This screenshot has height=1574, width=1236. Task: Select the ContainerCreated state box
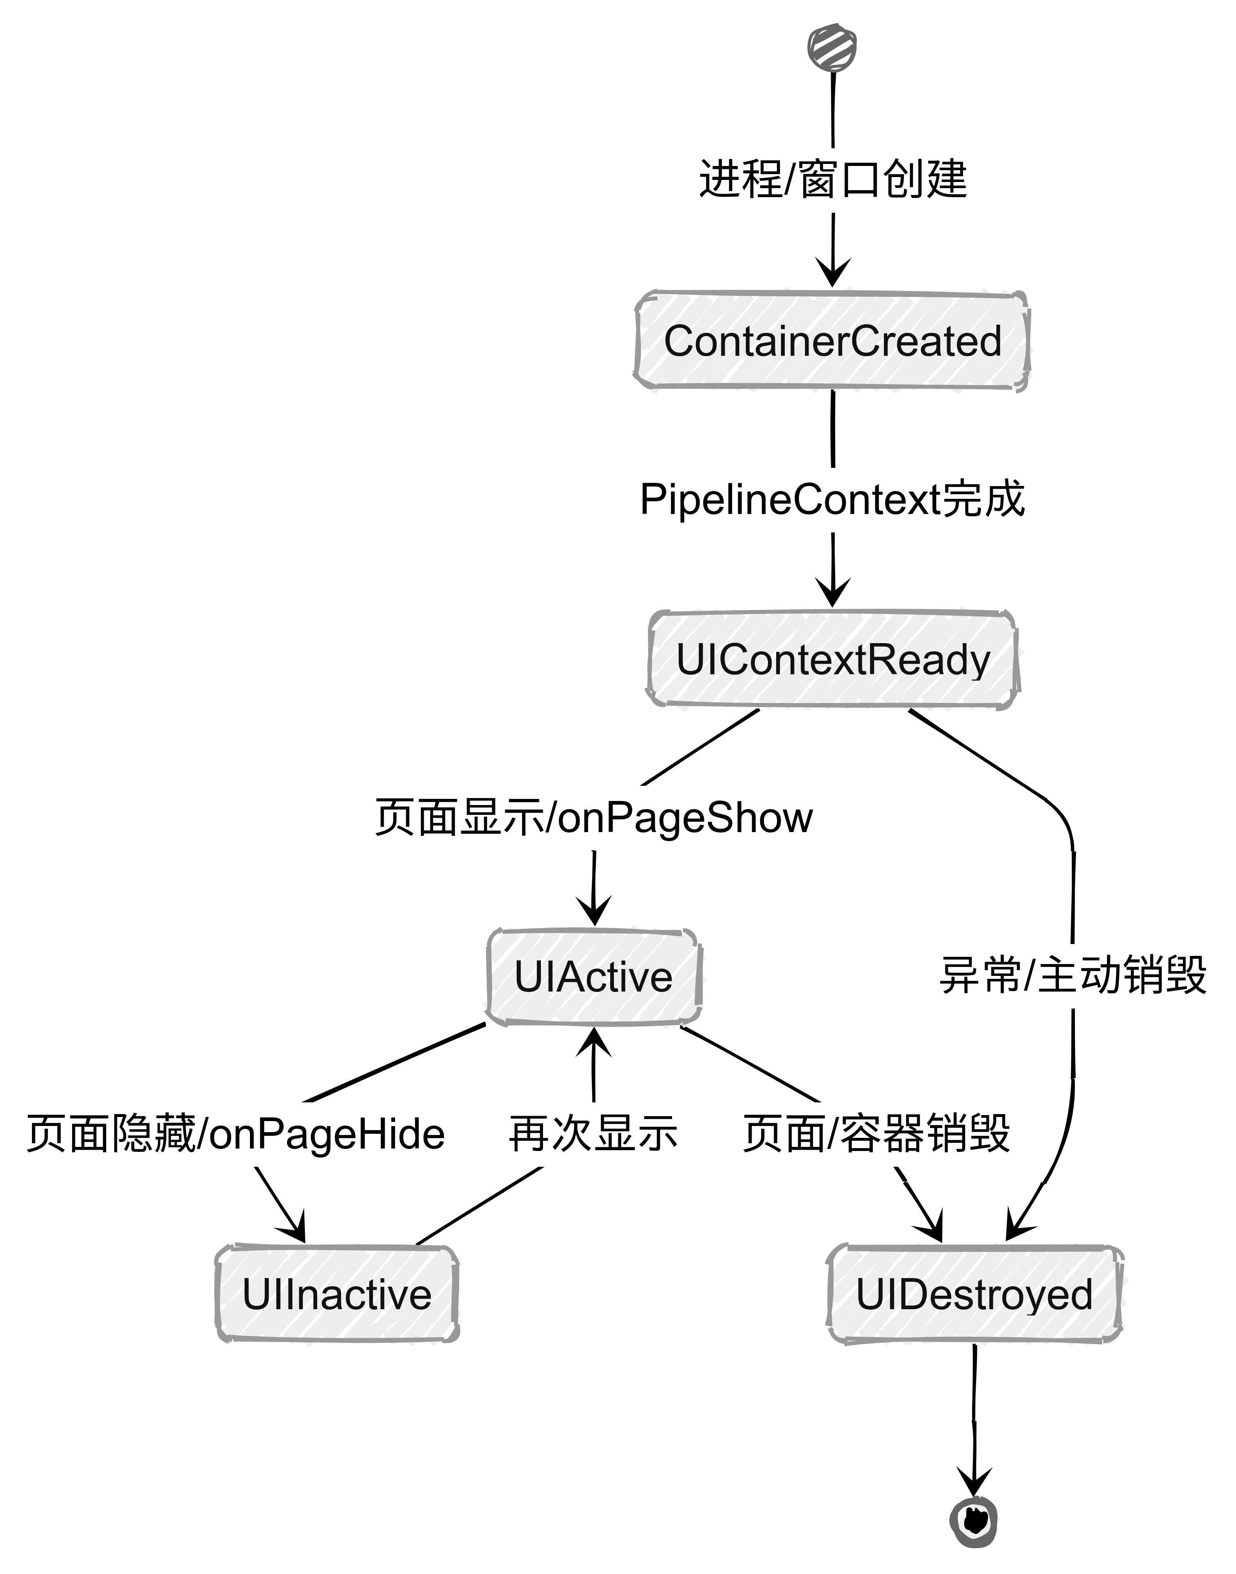click(832, 341)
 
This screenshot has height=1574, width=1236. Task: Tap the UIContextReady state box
click(832, 659)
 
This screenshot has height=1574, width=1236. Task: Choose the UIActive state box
click(593, 977)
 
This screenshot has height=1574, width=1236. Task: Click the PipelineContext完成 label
click(832, 499)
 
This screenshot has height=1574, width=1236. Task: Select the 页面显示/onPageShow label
click(593, 818)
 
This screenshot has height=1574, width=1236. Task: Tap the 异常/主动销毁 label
click(1072, 976)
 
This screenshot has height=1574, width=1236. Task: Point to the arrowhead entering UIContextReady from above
click(833, 594)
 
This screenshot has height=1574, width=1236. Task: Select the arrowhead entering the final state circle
click(974, 1482)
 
